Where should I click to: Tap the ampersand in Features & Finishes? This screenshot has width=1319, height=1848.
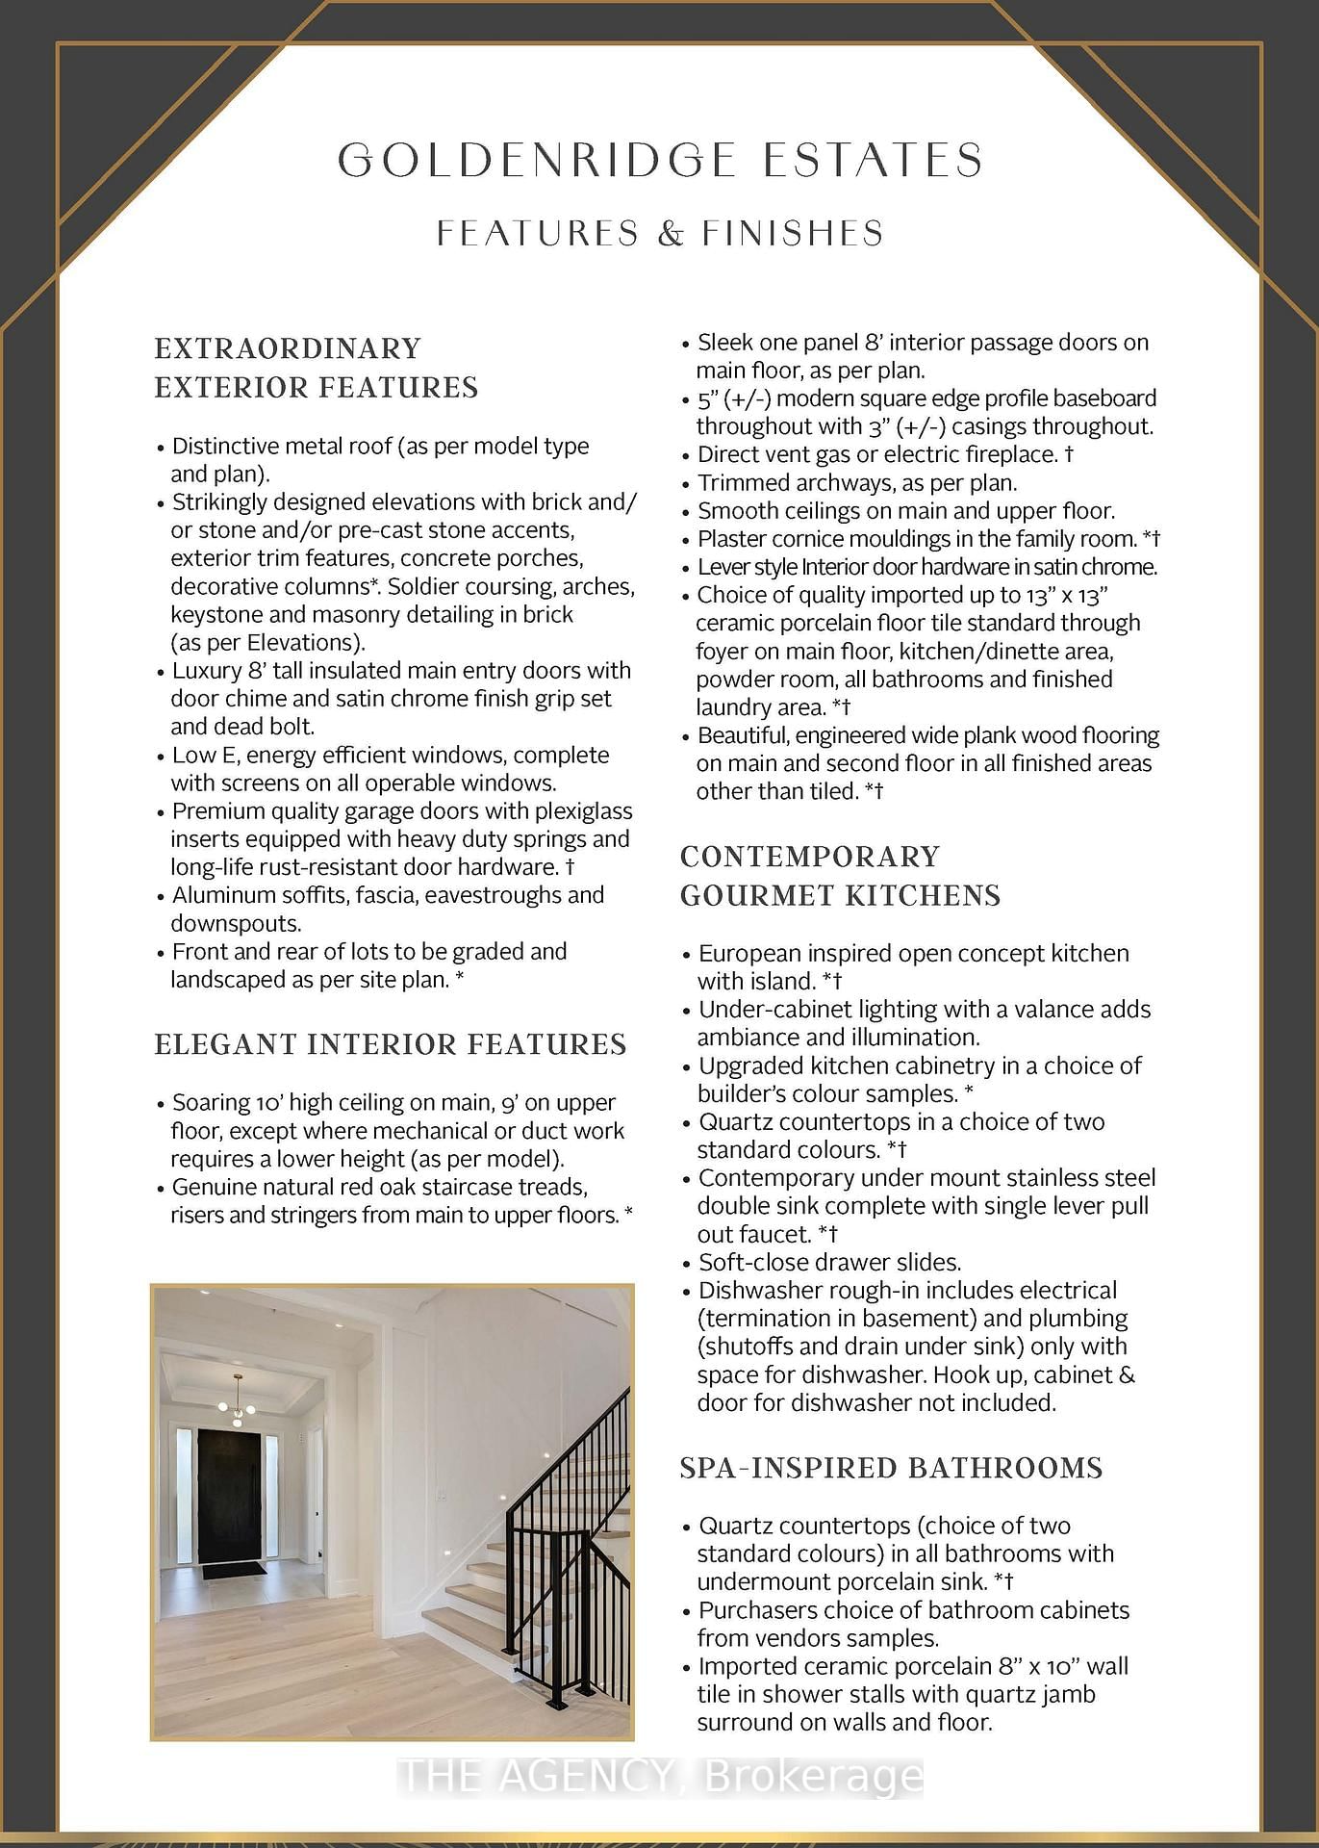click(671, 234)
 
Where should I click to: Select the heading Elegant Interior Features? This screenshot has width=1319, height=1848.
click(390, 1045)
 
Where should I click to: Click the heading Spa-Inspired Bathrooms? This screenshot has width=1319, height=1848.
click(891, 1468)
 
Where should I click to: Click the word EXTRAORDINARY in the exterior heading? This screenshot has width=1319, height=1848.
click(288, 348)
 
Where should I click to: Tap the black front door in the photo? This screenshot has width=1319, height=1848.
click(229, 1496)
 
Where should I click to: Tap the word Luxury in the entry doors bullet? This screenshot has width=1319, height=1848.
click(206, 671)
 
